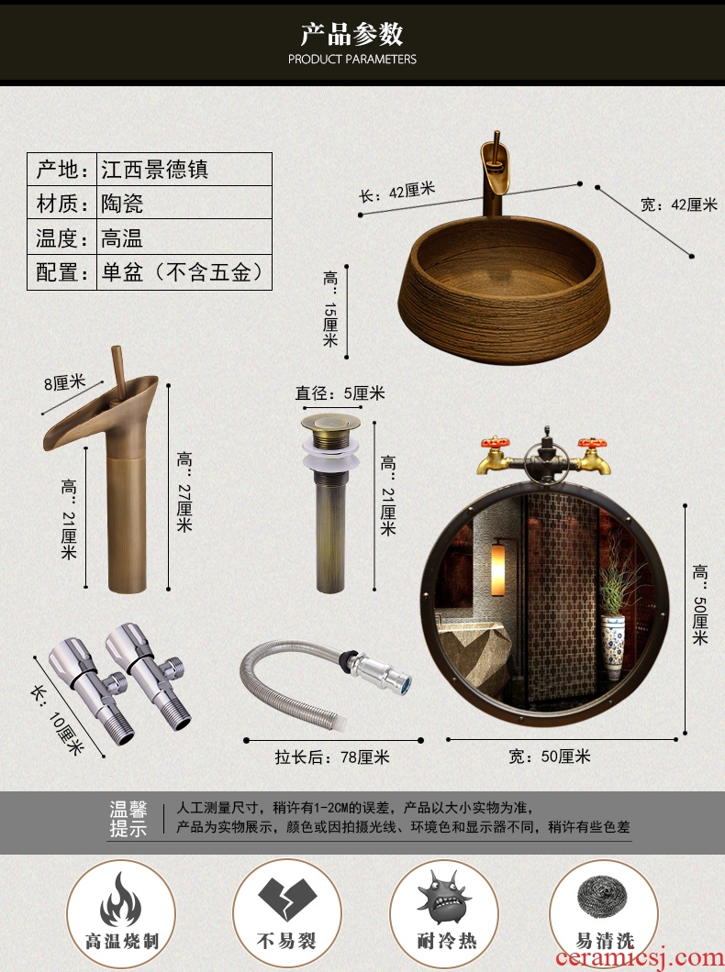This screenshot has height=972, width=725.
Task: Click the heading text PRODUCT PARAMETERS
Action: (351, 60)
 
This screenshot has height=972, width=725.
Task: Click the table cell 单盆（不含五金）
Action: (184, 272)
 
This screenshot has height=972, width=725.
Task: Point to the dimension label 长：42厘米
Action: (397, 192)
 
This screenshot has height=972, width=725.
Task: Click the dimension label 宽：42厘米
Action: (678, 204)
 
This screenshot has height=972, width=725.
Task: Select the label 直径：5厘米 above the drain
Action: (340, 393)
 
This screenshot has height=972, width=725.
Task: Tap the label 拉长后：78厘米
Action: (332, 757)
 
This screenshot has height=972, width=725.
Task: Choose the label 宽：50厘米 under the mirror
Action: (550, 757)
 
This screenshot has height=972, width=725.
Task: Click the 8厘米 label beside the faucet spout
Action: (64, 383)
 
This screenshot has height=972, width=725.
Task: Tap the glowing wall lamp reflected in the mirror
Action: (498, 569)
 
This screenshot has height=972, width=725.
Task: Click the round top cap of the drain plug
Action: (330, 424)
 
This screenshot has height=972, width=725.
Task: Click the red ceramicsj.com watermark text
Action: (640, 957)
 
